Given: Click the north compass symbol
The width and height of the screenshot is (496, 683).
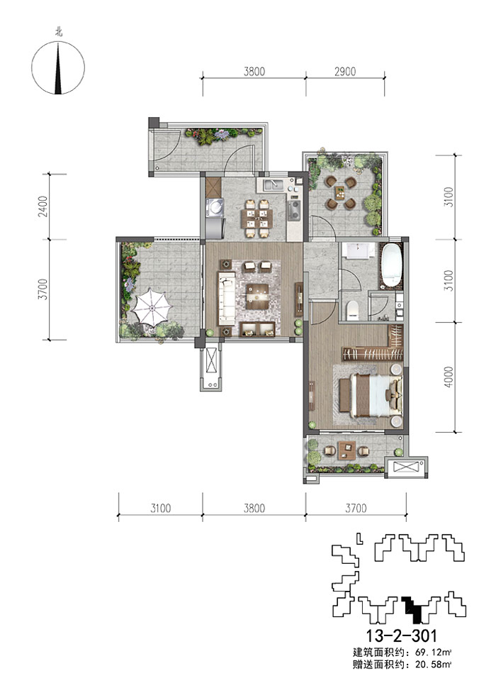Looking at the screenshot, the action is (x=58, y=67).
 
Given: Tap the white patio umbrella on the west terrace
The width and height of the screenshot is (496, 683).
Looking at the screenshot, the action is (x=152, y=306).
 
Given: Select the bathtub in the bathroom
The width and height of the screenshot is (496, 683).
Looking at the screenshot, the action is (x=392, y=266).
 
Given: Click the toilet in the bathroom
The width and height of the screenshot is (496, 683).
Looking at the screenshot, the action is (x=352, y=309).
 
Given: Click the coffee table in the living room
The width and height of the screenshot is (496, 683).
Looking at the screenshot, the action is (x=257, y=296).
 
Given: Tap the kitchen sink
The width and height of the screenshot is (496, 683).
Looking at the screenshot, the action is (x=272, y=184).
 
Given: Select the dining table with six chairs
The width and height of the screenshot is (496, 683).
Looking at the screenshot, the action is (x=257, y=218).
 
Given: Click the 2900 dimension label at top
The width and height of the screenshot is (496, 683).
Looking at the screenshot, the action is (x=344, y=72).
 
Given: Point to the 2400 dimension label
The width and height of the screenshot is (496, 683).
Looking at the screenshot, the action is (x=43, y=207).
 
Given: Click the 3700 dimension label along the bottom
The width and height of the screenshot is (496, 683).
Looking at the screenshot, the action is (x=356, y=508).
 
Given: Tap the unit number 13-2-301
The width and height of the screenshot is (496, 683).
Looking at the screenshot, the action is (x=401, y=635).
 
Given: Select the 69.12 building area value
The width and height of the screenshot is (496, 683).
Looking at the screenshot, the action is (x=431, y=653).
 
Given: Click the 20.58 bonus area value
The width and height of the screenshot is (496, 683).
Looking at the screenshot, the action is (x=431, y=665).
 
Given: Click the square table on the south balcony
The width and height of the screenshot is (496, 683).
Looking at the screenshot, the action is (x=346, y=450).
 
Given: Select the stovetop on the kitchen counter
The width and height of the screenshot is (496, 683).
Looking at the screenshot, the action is (x=295, y=210).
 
